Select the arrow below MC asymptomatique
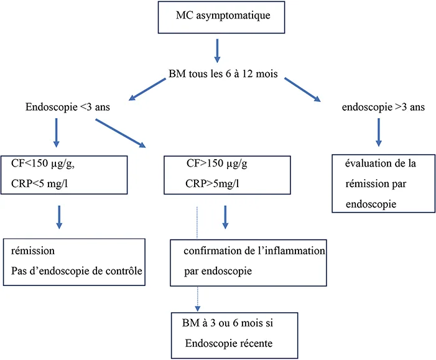[x=217, y=51]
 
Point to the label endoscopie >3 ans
[x=383, y=107]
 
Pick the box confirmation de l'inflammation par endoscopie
[x=248, y=261]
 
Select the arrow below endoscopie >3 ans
[x=378, y=135]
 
